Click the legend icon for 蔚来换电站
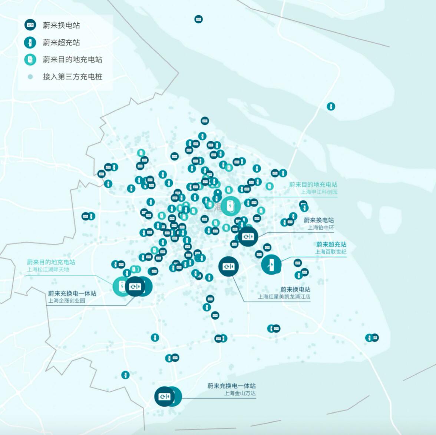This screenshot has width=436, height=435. [x=30, y=25]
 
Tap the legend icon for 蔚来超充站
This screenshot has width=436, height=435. [x=30, y=42]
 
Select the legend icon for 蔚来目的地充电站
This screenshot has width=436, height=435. [x=30, y=60]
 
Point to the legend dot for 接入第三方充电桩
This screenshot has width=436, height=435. [x=30, y=77]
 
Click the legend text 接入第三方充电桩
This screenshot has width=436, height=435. [x=72, y=77]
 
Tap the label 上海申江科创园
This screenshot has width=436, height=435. [x=319, y=192]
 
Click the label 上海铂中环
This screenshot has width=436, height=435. [x=321, y=228]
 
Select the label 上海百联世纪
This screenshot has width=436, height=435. [x=331, y=252]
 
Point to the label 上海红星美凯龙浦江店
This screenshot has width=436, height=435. [x=284, y=297]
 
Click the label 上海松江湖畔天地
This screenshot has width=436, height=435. [x=48, y=269]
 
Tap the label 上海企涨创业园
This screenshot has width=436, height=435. [x=67, y=300]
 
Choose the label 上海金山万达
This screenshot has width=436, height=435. [x=240, y=393]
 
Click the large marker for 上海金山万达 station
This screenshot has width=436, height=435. [x=164, y=396]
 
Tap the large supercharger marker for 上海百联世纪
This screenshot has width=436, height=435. [x=271, y=265]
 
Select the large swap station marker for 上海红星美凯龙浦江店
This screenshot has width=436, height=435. [x=228, y=266]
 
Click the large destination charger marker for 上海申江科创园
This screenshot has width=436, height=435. [x=231, y=206]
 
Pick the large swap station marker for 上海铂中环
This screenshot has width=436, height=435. [x=248, y=236]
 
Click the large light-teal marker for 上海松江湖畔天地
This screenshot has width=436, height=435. [x=122, y=286]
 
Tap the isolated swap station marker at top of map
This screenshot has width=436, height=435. [x=199, y=19]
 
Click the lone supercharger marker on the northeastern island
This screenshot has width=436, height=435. [x=331, y=107]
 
